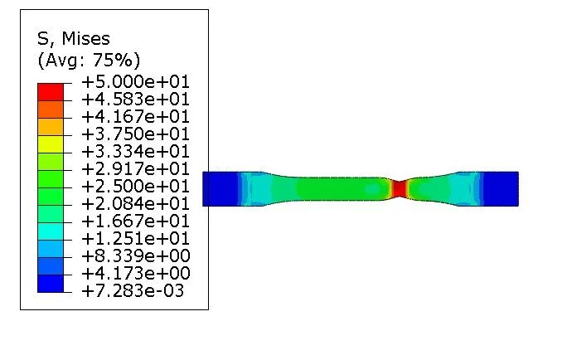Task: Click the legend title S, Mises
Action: point(74,39)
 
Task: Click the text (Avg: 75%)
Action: point(89,60)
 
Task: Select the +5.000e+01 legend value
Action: point(136,82)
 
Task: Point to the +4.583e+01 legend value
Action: point(136,100)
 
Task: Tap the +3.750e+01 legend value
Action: point(136,134)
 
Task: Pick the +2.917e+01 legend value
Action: point(136,169)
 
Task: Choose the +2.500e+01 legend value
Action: point(136,187)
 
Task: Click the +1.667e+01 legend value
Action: point(136,221)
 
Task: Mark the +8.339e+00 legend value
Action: point(136,255)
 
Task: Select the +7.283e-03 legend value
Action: point(133,290)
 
